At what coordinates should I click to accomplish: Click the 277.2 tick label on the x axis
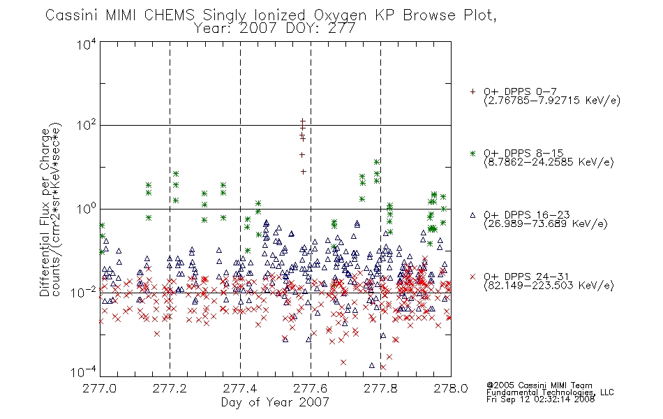coord(170,388)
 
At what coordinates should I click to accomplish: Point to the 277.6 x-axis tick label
coord(311,388)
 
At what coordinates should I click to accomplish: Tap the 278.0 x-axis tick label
coord(451,388)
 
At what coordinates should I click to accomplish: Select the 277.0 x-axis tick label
coord(99,388)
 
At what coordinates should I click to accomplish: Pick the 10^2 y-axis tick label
coord(87,125)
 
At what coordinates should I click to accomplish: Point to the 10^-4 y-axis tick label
coord(84,372)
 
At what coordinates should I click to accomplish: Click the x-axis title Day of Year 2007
coord(275,402)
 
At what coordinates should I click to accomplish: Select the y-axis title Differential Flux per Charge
coord(45,212)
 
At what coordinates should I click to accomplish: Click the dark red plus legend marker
coord(472,91)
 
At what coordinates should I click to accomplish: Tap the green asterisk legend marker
coord(472,153)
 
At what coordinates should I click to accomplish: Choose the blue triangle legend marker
coord(472,215)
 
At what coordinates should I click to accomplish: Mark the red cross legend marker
coord(472,277)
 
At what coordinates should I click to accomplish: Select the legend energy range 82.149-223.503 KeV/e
coord(549,286)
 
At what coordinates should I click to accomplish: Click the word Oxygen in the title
coord(340,15)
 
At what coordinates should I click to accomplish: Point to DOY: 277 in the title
coord(320,29)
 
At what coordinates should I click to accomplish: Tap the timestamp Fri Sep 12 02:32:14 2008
coord(540,399)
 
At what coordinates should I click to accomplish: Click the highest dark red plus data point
coord(303,121)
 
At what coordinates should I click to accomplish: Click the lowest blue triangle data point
coord(372,365)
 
